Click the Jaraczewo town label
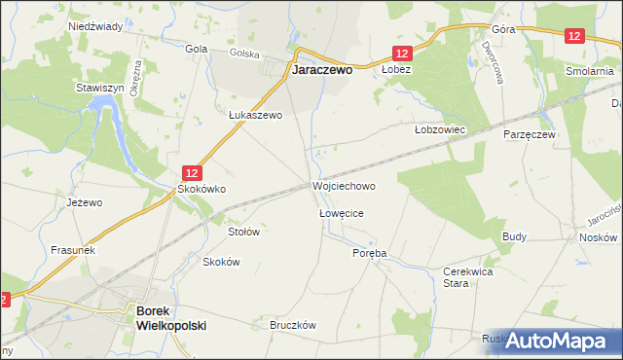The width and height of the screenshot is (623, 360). (322, 71)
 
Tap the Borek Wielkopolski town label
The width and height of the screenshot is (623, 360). (171, 318)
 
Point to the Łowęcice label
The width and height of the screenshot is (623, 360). (342, 211)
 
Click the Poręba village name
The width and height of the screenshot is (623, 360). (369, 253)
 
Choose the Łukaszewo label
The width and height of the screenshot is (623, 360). (255, 115)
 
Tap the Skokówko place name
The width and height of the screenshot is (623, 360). (201, 189)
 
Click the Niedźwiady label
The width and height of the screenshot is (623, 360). (95, 27)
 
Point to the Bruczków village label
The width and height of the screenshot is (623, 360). (296, 326)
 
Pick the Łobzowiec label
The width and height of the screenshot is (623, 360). (441, 129)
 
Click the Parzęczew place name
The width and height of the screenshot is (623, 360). (529, 133)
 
